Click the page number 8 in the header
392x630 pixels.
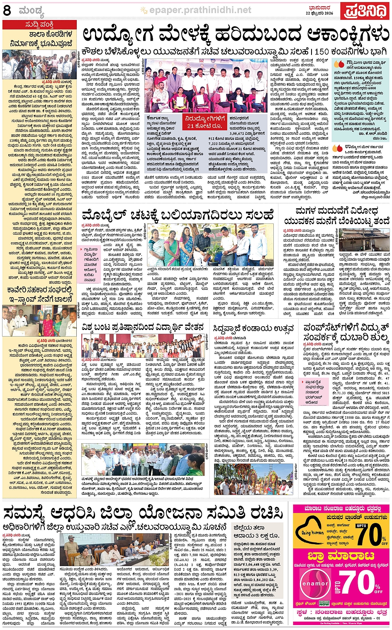(x=7, y=10)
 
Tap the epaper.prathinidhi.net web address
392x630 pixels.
(x=200, y=10)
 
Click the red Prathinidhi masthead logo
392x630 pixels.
(x=365, y=12)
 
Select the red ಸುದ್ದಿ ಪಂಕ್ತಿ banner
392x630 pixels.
(x=39, y=25)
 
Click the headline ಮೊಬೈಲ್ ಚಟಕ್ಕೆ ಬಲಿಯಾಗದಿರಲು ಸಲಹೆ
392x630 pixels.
(x=178, y=215)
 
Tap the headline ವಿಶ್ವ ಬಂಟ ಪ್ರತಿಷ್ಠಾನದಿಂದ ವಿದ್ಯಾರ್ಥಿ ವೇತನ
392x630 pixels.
(x=143, y=327)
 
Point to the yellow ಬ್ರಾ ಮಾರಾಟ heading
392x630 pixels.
(x=340, y=556)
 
